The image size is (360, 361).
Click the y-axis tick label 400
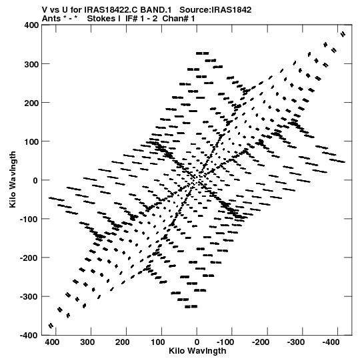coord(31,25)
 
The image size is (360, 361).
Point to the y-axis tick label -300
coord(29,296)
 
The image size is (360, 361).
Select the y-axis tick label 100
coord(31,141)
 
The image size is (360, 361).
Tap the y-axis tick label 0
coord(35,180)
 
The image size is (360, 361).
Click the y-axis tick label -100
coord(29,219)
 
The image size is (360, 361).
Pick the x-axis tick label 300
coord(87,342)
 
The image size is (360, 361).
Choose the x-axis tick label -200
coord(261,342)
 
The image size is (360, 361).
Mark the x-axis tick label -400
coord(331,342)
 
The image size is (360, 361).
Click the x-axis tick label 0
coord(197,342)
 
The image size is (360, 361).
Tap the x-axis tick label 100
coord(158,342)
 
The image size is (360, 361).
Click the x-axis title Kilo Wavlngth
coord(197,351)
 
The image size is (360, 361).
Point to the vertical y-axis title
coord(13,179)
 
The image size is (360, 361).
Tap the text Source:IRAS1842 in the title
coord(215,10)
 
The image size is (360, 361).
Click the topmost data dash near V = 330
coord(203,53)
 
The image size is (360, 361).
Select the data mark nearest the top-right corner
coord(343,34)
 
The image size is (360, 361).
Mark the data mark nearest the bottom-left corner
coord(51,326)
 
